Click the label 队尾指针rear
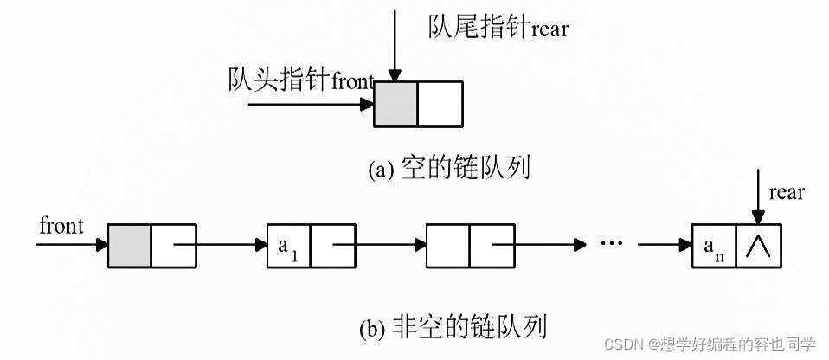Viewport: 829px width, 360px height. pyautogui.click(x=498, y=28)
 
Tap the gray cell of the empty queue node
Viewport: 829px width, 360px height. pyautogui.click(x=395, y=105)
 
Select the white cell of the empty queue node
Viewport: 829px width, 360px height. pyautogui.click(x=440, y=105)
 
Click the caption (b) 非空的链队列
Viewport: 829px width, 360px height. pyautogui.click(x=453, y=328)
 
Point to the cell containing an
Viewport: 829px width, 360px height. pyautogui.click(x=715, y=245)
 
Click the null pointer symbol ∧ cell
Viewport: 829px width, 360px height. pyautogui.click(x=759, y=245)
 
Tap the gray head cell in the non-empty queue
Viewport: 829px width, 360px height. pyautogui.click(x=130, y=245)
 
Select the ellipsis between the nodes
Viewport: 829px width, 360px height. pyautogui.click(x=611, y=244)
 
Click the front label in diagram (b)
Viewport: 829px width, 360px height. pyautogui.click(x=61, y=226)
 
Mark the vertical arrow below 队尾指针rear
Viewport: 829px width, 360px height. pyautogui.click(x=395, y=43)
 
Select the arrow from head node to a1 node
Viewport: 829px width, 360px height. pyautogui.click(x=220, y=245)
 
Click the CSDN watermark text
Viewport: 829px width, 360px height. pyautogui.click(x=710, y=344)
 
